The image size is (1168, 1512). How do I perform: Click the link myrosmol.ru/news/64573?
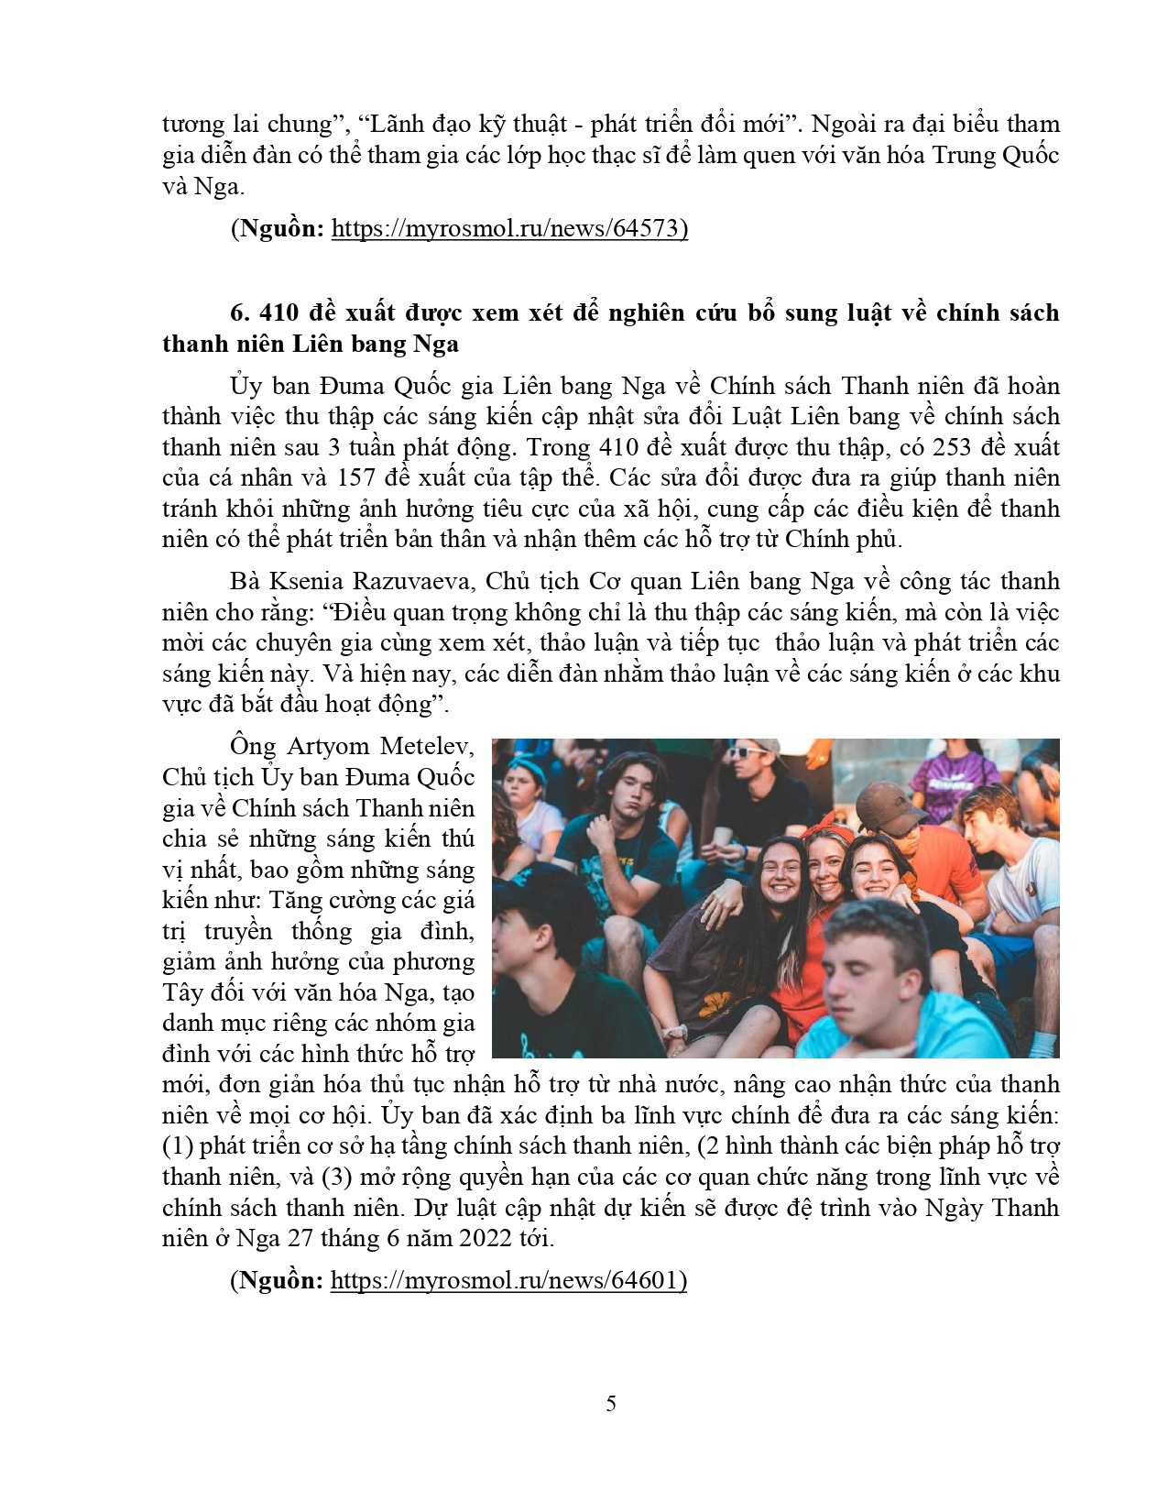[508, 228]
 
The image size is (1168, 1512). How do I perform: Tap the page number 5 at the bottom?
[611, 1403]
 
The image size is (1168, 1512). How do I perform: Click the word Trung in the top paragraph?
[965, 155]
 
